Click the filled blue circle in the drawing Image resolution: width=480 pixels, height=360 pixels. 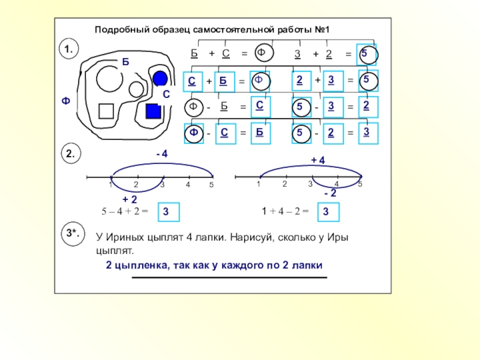[x=160, y=79]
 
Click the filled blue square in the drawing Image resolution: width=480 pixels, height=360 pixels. [x=154, y=112]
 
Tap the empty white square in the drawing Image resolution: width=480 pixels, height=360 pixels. [x=106, y=111]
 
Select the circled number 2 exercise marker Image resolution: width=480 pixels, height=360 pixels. [x=70, y=154]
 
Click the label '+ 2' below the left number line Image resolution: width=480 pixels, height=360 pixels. [x=130, y=199]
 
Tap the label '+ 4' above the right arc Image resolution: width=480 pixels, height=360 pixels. [x=317, y=160]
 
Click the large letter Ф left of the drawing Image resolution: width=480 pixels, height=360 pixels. [x=65, y=101]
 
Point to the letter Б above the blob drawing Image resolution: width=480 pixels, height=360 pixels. [x=125, y=61]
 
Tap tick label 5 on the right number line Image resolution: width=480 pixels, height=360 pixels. [x=360, y=184]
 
